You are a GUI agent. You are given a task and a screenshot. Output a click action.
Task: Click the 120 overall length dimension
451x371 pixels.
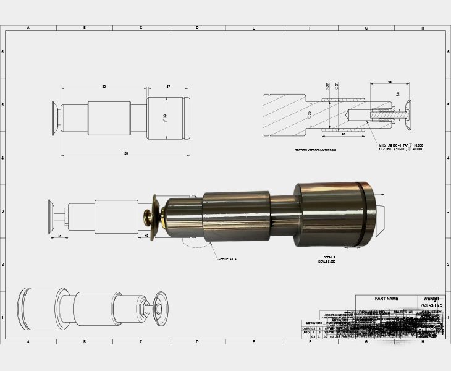pyautogui.click(x=125, y=153)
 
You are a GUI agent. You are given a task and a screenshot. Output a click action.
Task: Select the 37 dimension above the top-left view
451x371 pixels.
pyautogui.click(x=168, y=87)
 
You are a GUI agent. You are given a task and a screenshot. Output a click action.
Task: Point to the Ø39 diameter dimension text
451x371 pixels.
pyautogui.click(x=164, y=117)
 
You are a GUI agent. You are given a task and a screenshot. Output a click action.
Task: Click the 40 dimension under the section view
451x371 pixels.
pyautogui.click(x=343, y=134)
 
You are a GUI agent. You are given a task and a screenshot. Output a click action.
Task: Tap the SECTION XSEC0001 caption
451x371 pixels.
pyautogui.click(x=316, y=150)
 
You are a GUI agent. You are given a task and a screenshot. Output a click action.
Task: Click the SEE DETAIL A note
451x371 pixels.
pyautogui.click(x=227, y=258)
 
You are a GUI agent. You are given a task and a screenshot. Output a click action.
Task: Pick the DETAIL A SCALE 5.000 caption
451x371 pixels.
pyautogui.click(x=329, y=258)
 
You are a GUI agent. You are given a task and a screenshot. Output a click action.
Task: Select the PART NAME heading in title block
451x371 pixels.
pyautogui.click(x=387, y=298)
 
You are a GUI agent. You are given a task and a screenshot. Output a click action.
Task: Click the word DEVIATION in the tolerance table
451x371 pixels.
pyautogui.click(x=314, y=323)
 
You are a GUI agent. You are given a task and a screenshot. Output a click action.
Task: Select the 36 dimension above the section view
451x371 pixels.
pyautogui.click(x=389, y=82)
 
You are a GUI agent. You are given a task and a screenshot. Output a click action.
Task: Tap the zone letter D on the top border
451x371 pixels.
pyautogui.click(x=197, y=28)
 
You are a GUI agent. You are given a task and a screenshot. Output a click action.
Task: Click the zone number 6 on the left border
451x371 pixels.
pyautogui.click(x=4, y=52)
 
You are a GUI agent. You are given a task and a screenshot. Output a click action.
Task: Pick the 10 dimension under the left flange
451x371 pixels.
pyautogui.click(x=59, y=236)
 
